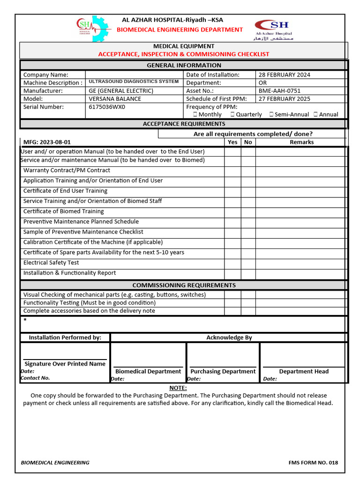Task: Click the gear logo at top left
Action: click(92, 29)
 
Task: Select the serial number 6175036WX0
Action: click(107, 107)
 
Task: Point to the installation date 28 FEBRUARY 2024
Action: click(284, 75)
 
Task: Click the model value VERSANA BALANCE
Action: click(114, 99)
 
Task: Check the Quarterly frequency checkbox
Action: click(232, 114)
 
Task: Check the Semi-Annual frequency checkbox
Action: click(271, 114)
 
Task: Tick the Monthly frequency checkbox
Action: click(195, 114)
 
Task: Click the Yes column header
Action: click(232, 142)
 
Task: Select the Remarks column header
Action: click(301, 142)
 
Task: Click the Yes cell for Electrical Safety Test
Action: click(232, 263)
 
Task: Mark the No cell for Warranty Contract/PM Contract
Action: click(248, 171)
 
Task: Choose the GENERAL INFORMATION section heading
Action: click(184, 66)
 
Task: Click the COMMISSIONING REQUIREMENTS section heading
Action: click(184, 285)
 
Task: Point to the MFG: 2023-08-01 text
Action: click(47, 142)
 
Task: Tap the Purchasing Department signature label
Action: click(223, 371)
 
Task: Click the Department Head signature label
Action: click(304, 371)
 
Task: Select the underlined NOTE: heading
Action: click(178, 388)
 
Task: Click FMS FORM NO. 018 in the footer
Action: click(313, 463)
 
